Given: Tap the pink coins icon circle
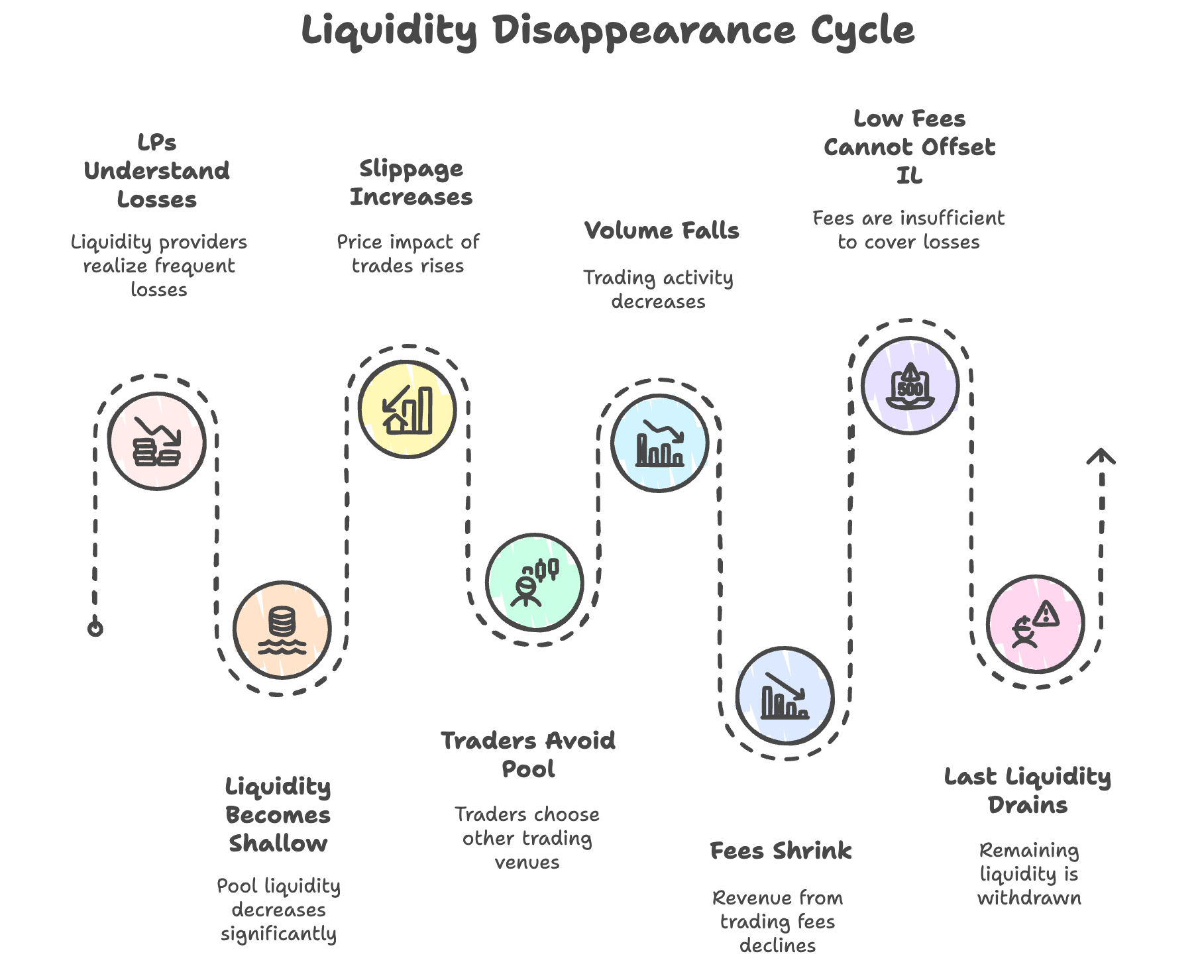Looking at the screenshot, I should click(x=157, y=441).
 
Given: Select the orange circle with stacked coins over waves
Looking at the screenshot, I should click(x=282, y=629).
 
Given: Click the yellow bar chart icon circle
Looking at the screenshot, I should click(x=408, y=409).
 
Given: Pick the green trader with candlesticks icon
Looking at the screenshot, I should click(x=534, y=582).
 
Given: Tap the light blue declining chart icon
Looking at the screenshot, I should click(x=659, y=443).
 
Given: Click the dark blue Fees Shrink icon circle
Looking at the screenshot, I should click(x=785, y=696).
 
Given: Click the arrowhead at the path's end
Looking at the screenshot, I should click(x=1101, y=456).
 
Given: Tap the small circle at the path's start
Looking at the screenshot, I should click(x=95, y=628).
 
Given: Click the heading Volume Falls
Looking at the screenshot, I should click(x=661, y=231).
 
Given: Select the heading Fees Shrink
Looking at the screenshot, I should click(x=781, y=851).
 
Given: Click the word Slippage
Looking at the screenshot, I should click(x=411, y=170).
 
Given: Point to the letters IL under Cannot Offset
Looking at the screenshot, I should click(x=909, y=176).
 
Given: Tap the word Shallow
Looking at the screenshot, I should click(x=278, y=843).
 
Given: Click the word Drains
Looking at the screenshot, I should click(x=1028, y=805).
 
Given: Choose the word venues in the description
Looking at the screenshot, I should click(x=527, y=862).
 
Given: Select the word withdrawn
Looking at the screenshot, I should click(x=1029, y=898).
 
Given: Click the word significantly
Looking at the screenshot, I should click(x=278, y=934).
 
